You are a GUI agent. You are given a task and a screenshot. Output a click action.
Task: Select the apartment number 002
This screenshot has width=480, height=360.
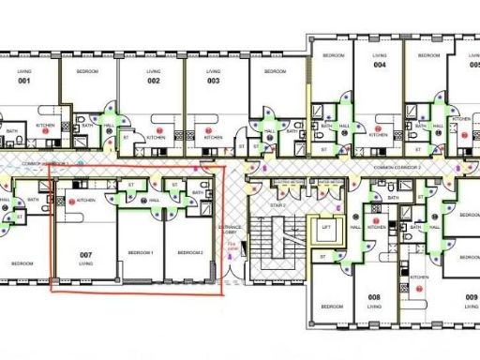coord(154,82)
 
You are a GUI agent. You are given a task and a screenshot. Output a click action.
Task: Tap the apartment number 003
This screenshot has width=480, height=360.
coord(214,82)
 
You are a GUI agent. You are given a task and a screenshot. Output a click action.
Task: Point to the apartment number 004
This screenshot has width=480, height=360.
coord(380,66)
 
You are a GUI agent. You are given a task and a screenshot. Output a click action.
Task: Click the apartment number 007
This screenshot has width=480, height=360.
coord(85,255)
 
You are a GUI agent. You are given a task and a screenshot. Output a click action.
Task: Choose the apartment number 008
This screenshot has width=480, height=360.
coord(374,297)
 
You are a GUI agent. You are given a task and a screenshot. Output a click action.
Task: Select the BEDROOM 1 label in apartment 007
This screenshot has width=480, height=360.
coord(142,253)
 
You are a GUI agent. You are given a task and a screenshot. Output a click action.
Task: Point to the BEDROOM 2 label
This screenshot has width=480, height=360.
coord(190,253)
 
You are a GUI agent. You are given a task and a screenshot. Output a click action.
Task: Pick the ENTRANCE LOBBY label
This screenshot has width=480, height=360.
coord(231,230)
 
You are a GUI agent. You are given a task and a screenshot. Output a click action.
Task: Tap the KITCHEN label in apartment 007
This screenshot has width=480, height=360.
coord(85,200)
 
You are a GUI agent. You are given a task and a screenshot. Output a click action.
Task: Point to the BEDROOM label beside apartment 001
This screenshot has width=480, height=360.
coord(87,70)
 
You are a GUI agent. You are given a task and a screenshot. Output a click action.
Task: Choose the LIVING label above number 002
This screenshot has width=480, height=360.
coord(154,70)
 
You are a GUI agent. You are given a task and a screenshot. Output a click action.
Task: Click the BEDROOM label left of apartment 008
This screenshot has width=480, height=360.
coord(332,307)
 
